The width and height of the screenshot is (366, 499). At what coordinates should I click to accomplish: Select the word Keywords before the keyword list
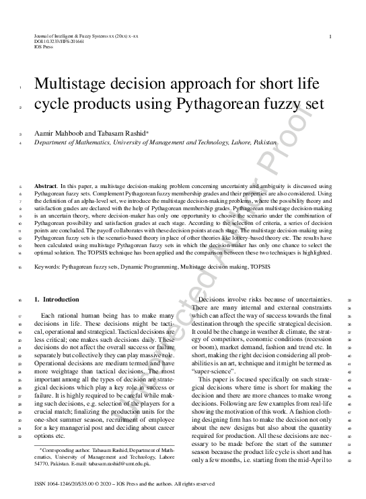49,267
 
